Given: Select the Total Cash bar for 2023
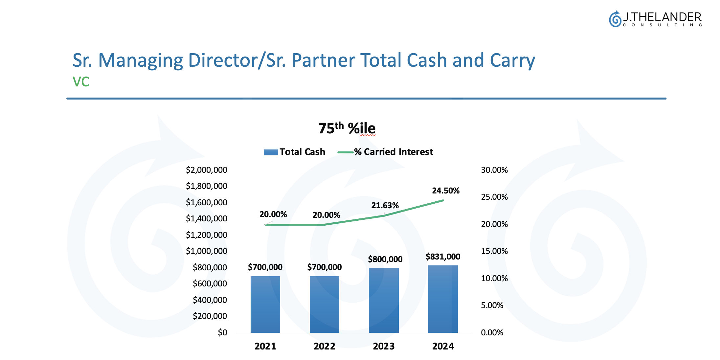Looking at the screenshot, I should [x=384, y=300].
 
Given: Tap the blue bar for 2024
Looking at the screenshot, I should [x=443, y=299].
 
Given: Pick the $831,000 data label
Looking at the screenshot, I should [x=443, y=257].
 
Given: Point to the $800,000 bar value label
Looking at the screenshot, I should [x=385, y=259].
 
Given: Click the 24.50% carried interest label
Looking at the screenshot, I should [x=445, y=191].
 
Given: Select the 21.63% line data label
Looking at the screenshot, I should [x=385, y=205].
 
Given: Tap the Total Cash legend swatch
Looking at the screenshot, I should [x=271, y=152].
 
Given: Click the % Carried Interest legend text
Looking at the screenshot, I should [x=393, y=152].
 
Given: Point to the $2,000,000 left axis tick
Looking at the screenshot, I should [x=206, y=170].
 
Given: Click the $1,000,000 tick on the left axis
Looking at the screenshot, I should [x=206, y=251].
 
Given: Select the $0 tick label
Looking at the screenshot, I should [x=222, y=332].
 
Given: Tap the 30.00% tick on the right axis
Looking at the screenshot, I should [x=494, y=170].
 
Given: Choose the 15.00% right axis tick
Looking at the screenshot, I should [x=494, y=251].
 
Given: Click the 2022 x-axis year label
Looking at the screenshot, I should [x=324, y=346].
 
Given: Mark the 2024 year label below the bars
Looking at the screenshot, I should [x=443, y=346].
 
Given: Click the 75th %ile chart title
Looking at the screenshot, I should [x=347, y=128].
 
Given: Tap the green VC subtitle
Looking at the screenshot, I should [x=81, y=82].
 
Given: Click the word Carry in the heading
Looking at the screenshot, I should [x=512, y=60].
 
